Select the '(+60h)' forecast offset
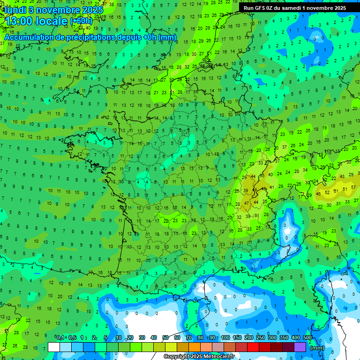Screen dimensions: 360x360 click(81, 22)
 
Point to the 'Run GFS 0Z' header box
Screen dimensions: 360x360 click(295, 8)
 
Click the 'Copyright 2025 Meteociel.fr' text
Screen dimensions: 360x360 click(199, 356)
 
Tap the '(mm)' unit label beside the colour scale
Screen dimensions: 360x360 click(317, 348)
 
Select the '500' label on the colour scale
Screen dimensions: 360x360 click(307, 338)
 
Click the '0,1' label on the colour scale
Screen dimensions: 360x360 click(61, 338)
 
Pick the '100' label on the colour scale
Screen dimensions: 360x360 click(225, 338)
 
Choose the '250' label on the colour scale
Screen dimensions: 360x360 click(261, 338)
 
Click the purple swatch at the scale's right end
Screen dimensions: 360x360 click(300, 347)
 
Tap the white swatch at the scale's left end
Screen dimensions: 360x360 click(54, 347)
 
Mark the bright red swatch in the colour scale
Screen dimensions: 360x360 click(253, 347)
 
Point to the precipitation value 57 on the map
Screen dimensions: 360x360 click(346, 188)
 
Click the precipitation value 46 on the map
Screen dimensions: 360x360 click(319, 194)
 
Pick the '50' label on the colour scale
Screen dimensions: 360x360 click(165, 338)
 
